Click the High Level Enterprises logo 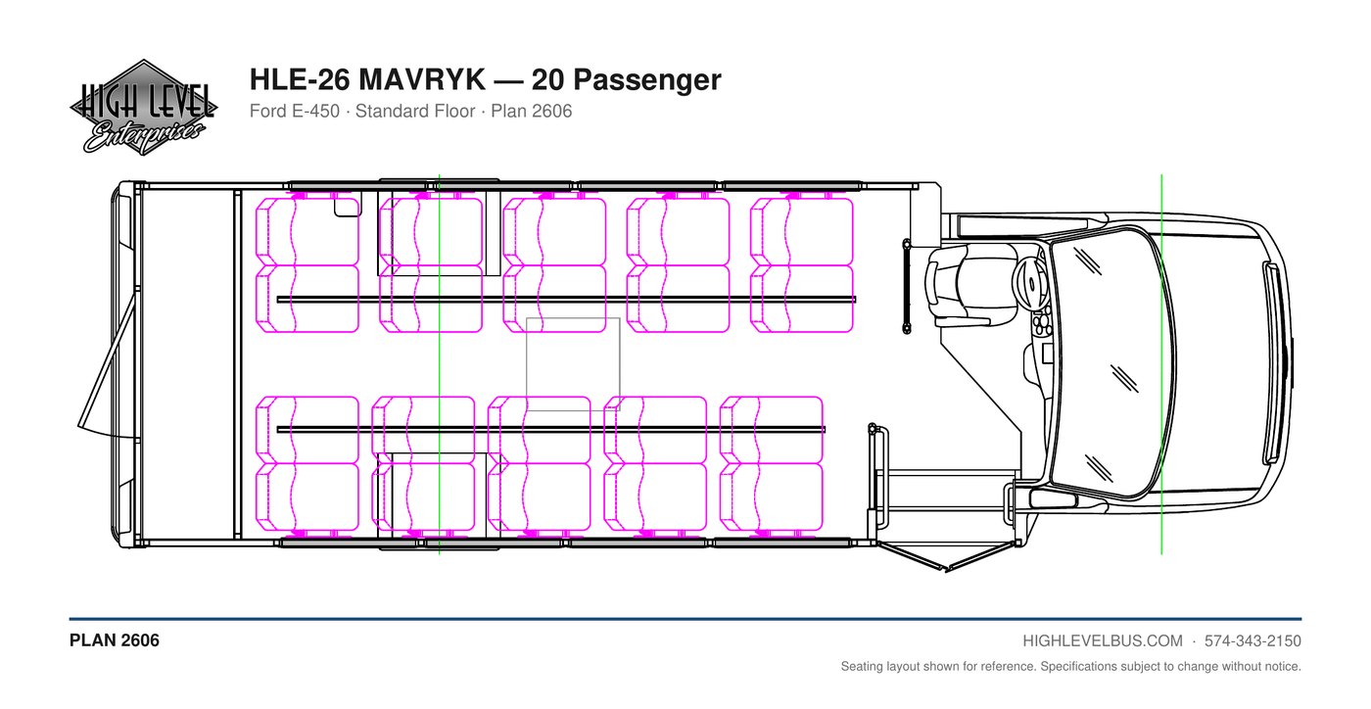tap(143, 108)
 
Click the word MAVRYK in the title tap(422, 79)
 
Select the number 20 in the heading tap(547, 79)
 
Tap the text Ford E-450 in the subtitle tap(295, 111)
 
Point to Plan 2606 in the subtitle tap(531, 111)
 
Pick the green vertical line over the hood tap(1161, 364)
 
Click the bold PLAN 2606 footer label tap(115, 640)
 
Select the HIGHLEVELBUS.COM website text tap(1103, 641)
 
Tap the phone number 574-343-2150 tap(1253, 641)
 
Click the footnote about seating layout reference tap(1070, 666)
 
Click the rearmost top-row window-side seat tap(307, 231)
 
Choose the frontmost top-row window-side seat tap(802, 231)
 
